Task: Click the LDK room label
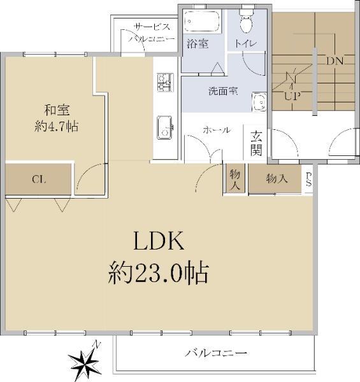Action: tap(159, 241)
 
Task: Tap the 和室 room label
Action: tap(57, 110)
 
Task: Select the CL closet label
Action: tap(39, 180)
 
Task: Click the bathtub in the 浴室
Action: tap(202, 21)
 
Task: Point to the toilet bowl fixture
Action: tap(247, 22)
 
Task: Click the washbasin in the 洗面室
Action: tap(259, 103)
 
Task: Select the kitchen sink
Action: tap(165, 127)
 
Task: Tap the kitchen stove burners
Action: tap(165, 82)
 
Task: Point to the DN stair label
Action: tap(335, 61)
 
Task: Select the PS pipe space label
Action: tap(308, 180)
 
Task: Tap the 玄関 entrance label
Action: tap(256, 143)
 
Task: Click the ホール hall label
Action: tap(217, 130)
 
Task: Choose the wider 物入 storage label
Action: tap(277, 179)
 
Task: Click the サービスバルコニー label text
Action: tap(152, 32)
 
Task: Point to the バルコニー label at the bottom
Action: tap(216, 353)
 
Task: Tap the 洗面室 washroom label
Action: tap(224, 91)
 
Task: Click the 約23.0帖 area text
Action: tap(159, 273)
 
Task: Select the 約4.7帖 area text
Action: tap(56, 127)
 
